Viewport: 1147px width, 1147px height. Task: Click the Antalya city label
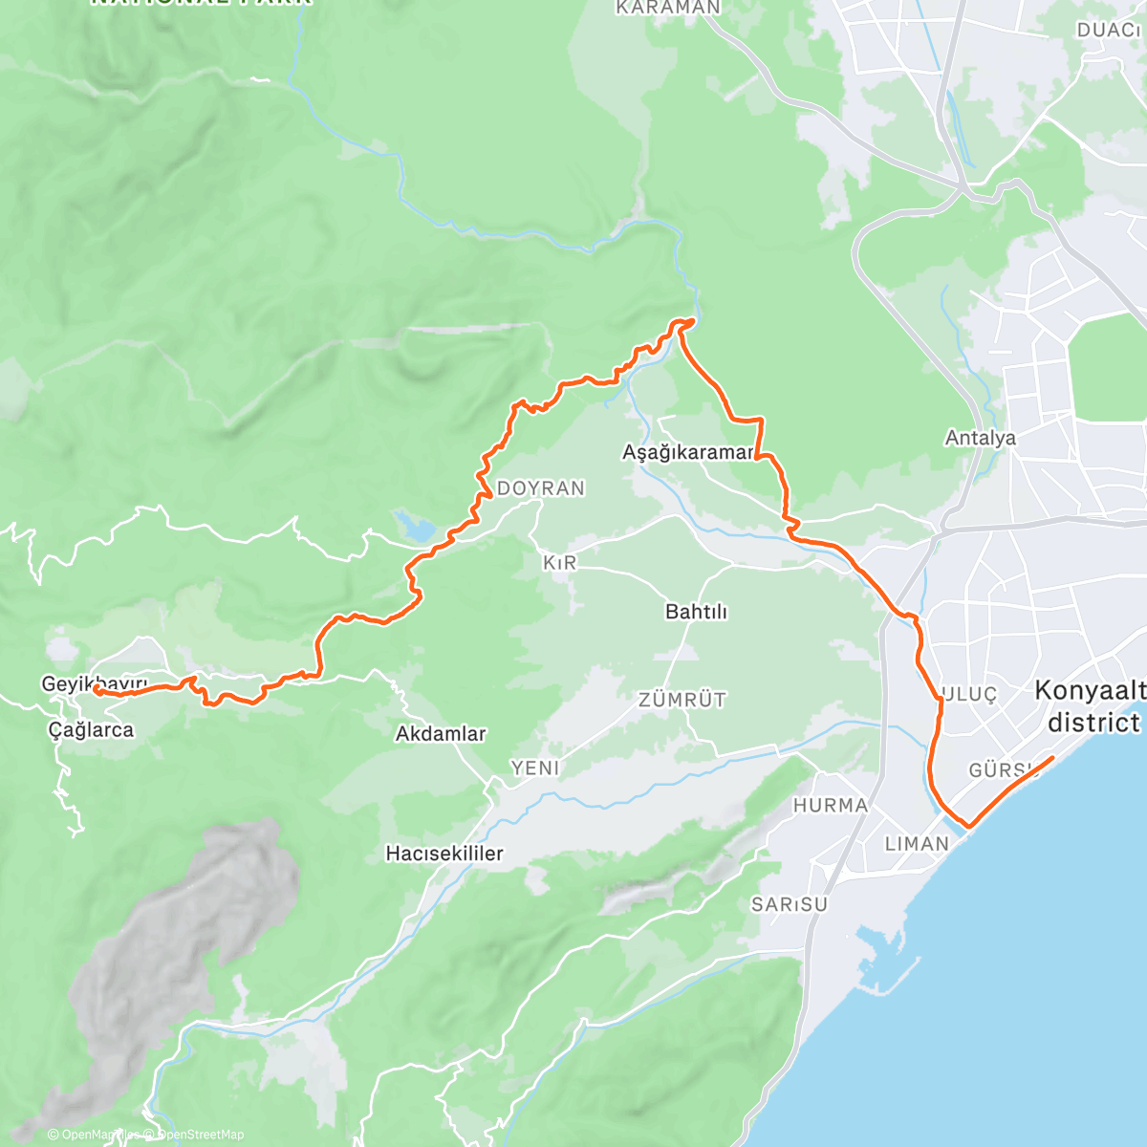point(980,439)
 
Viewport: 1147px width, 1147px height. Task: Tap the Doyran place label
point(540,488)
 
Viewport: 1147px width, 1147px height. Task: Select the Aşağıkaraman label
point(688,452)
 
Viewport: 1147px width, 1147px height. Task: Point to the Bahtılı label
point(696,612)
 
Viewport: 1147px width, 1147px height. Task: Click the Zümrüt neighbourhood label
point(682,701)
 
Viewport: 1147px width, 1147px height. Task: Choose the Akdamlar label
point(441,734)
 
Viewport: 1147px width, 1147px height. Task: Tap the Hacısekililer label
point(444,854)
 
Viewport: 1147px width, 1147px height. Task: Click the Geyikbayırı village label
point(94,684)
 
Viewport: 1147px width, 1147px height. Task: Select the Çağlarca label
point(91,730)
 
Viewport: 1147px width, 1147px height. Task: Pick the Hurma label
point(831,806)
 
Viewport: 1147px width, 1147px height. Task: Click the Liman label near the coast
point(917,844)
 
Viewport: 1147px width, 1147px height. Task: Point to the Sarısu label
point(789,904)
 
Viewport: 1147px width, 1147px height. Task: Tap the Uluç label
point(970,695)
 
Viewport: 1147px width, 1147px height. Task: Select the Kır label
point(560,563)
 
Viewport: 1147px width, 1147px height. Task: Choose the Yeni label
point(535,768)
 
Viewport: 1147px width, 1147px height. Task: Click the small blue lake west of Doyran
point(414,525)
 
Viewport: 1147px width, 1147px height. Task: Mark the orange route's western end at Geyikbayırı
point(96,689)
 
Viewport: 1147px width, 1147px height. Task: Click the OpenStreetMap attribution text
point(200,1135)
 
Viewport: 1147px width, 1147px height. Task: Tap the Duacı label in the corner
point(1109,31)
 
